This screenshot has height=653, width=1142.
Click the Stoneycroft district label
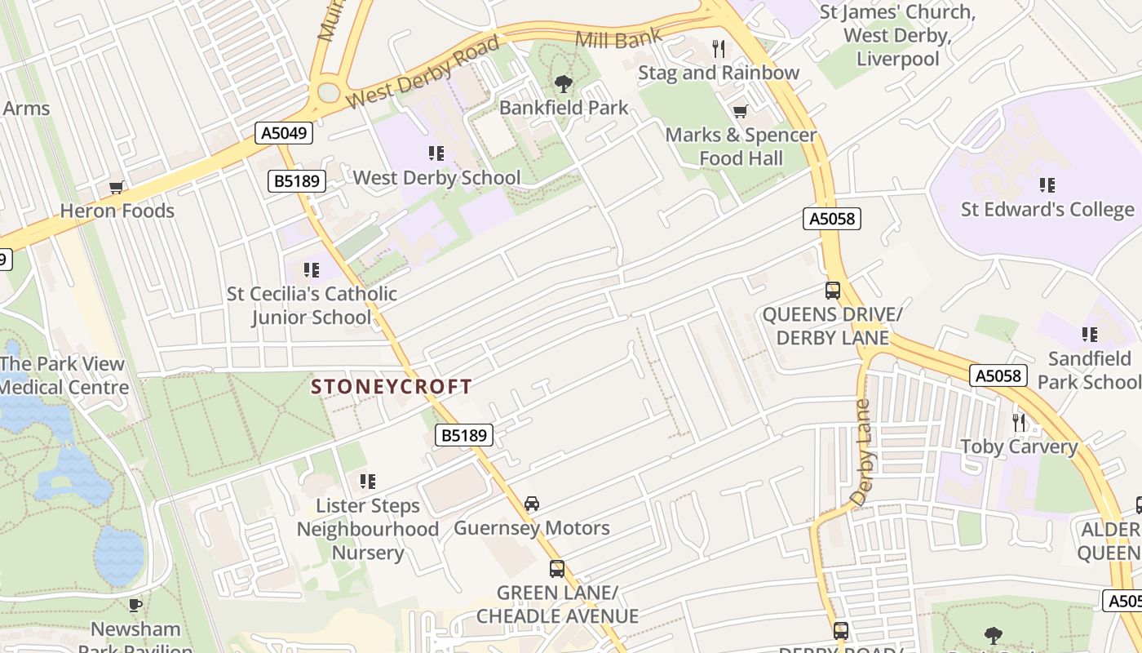point(392,387)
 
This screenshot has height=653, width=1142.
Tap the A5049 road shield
point(284,133)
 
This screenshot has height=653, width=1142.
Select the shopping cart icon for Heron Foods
point(117,188)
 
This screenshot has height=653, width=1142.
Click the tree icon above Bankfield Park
point(563,83)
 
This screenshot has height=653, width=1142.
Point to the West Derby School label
point(436,177)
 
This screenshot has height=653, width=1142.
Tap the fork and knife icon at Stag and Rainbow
point(718,49)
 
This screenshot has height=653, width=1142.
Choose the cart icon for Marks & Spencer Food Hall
point(740,111)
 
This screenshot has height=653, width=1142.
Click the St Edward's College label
point(1047,209)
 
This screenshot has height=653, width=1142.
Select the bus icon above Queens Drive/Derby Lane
point(832,290)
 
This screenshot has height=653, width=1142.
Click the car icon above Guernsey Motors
point(532,504)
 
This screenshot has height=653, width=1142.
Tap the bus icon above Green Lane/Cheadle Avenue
point(557,568)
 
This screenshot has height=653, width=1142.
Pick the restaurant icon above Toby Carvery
point(1019,422)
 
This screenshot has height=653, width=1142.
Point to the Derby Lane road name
point(861,453)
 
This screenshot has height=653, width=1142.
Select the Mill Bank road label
point(618,37)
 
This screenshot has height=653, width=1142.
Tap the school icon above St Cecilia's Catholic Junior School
point(311,269)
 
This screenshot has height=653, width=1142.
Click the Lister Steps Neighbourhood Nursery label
point(368,529)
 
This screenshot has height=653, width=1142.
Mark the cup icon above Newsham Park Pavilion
point(135,605)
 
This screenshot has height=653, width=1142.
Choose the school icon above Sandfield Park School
point(1089,334)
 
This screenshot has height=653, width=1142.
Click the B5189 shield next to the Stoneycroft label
point(464,436)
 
